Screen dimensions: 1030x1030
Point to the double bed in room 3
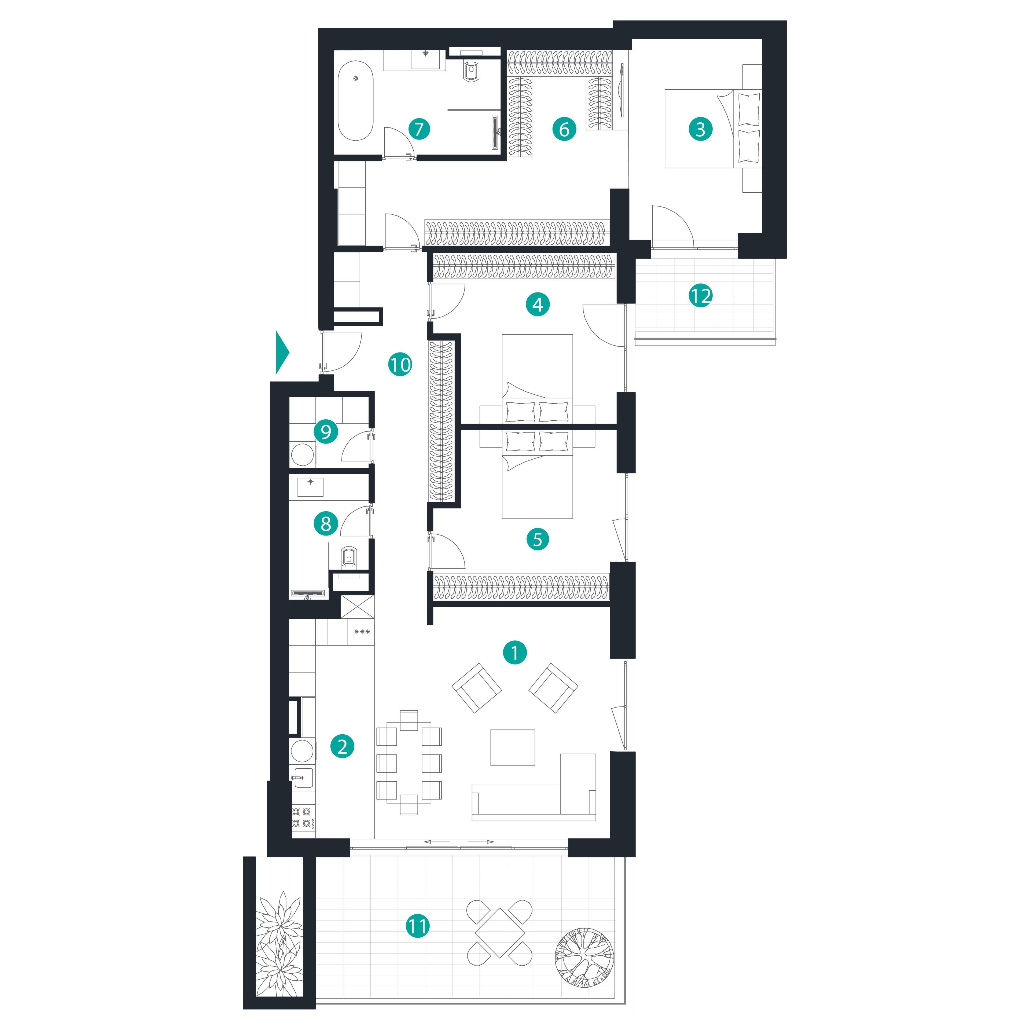713,129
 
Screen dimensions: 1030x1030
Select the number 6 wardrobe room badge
564,129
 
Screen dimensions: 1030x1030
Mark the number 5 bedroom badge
537,539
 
